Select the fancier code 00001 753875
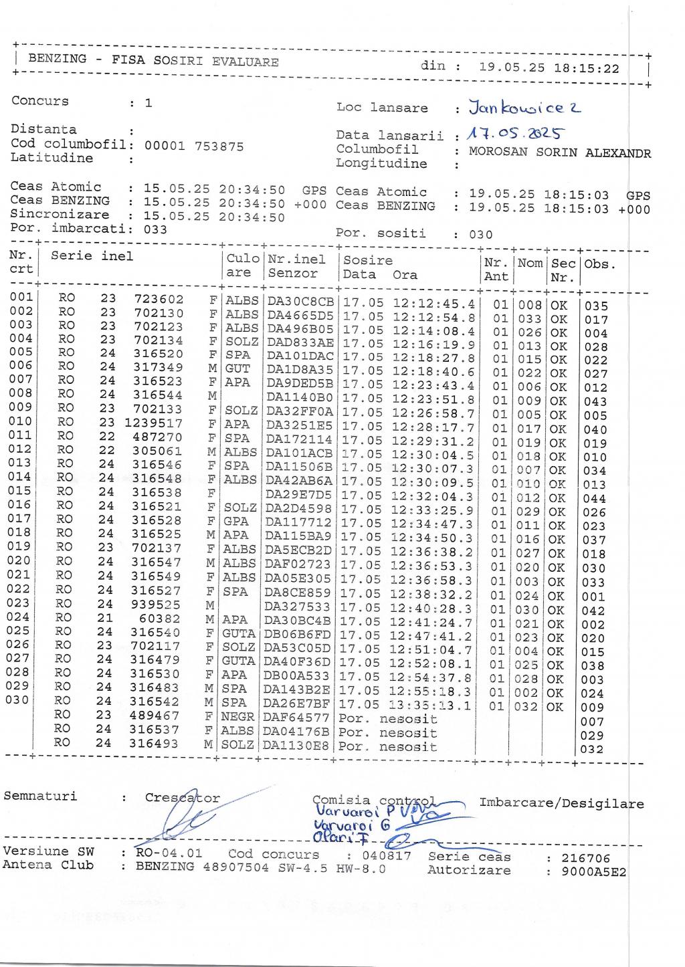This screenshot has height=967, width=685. [194, 146]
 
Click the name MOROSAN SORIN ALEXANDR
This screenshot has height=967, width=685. [559, 152]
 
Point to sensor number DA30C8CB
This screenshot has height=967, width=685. [300, 302]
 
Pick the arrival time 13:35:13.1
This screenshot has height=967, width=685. [431, 705]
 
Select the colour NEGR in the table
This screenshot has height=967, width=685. [238, 718]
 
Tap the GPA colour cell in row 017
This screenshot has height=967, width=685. [237, 521]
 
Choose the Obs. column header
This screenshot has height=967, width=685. [600, 263]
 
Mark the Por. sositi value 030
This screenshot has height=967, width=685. [480, 235]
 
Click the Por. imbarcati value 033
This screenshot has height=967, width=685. [156, 229]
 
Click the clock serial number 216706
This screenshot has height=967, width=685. [586, 858]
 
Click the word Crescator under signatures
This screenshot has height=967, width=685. [182, 798]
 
